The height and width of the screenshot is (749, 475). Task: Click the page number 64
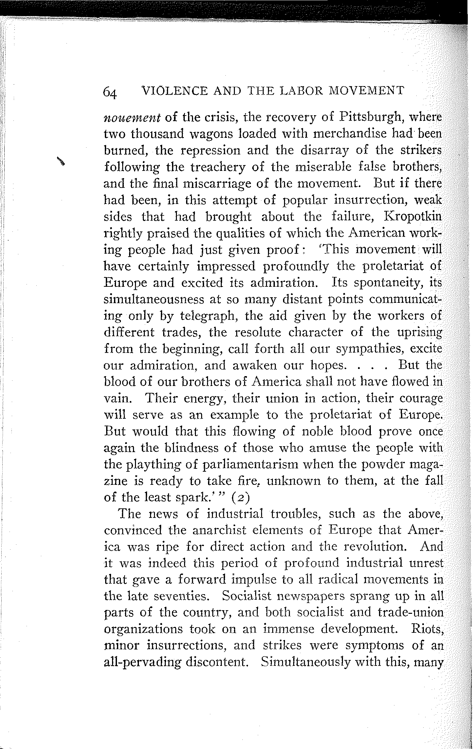coord(110,93)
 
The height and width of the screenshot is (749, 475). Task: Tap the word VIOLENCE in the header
coord(173,91)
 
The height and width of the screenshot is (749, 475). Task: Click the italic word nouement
coord(132,118)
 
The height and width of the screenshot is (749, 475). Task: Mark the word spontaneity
coord(390,282)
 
